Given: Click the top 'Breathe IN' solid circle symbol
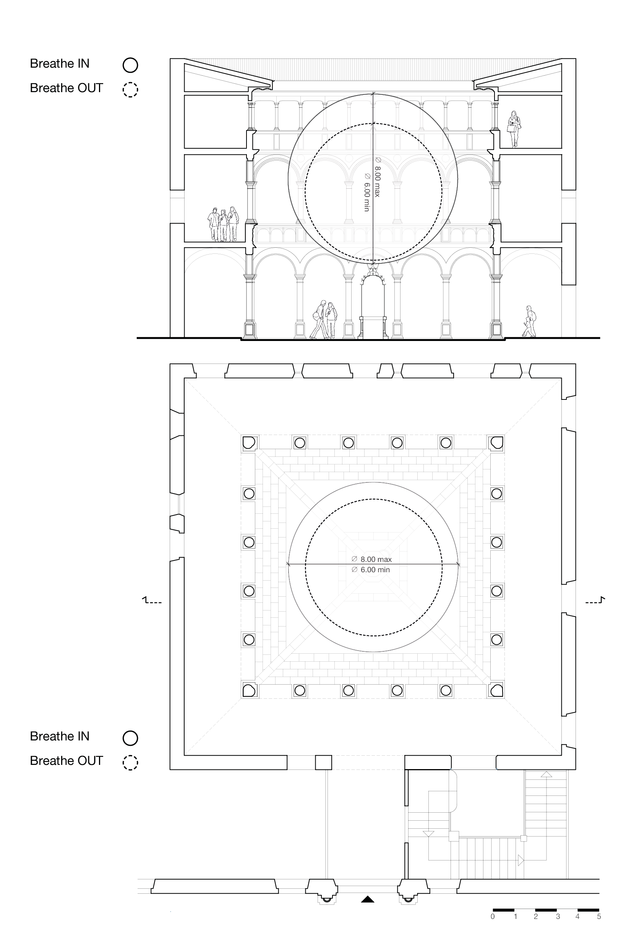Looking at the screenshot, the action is (130, 65).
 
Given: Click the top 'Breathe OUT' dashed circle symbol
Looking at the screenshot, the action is (130, 89).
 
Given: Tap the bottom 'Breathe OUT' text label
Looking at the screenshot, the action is (66, 760).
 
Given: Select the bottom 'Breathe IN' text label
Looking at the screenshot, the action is (60, 736).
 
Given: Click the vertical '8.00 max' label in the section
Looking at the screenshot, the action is (377, 176).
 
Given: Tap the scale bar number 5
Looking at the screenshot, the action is (599, 916).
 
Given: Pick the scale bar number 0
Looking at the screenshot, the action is (493, 916).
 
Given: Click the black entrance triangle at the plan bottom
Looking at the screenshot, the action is (367, 899).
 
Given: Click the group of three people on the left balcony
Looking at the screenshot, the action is (223, 224).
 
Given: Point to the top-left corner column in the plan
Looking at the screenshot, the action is (249, 443).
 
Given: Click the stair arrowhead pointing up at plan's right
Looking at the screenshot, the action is (546, 774).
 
